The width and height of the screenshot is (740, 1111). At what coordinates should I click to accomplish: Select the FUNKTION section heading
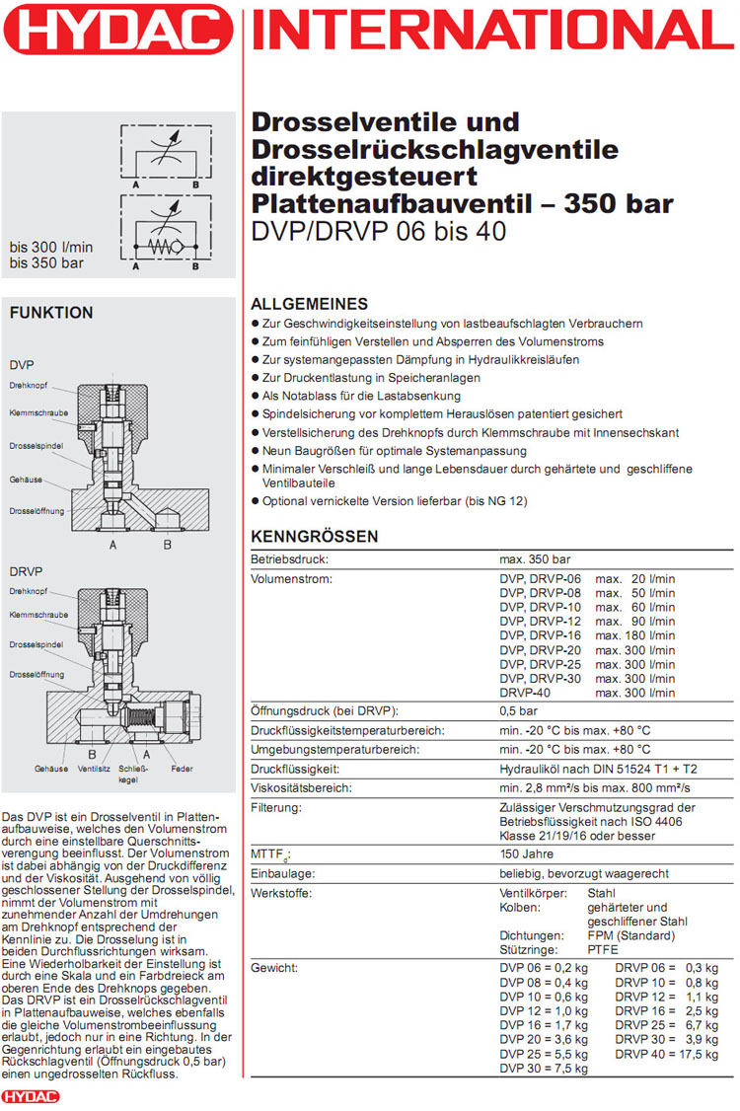coord(51,313)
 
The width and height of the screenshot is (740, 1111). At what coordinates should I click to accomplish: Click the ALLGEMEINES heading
coord(310,304)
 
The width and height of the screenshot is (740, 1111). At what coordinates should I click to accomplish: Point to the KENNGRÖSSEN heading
coord(315,537)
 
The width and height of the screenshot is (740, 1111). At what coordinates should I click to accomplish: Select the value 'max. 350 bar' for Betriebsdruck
coord(535,559)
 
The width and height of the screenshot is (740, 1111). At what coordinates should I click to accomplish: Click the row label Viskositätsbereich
coord(302,788)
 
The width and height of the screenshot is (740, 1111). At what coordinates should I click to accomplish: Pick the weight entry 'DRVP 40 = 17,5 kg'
coord(667,1055)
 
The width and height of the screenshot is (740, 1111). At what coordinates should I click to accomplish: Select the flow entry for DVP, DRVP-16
coord(587,636)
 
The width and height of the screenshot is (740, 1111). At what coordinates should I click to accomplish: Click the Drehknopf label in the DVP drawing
coord(29,385)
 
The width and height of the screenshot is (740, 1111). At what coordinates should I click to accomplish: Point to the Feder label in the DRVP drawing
coord(181,768)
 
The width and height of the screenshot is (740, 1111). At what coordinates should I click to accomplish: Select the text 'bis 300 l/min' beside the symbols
coord(51,247)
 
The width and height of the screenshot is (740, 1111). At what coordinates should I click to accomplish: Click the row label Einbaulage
coord(283,874)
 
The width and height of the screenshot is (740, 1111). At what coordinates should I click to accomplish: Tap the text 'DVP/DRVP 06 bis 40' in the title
coord(380,233)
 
